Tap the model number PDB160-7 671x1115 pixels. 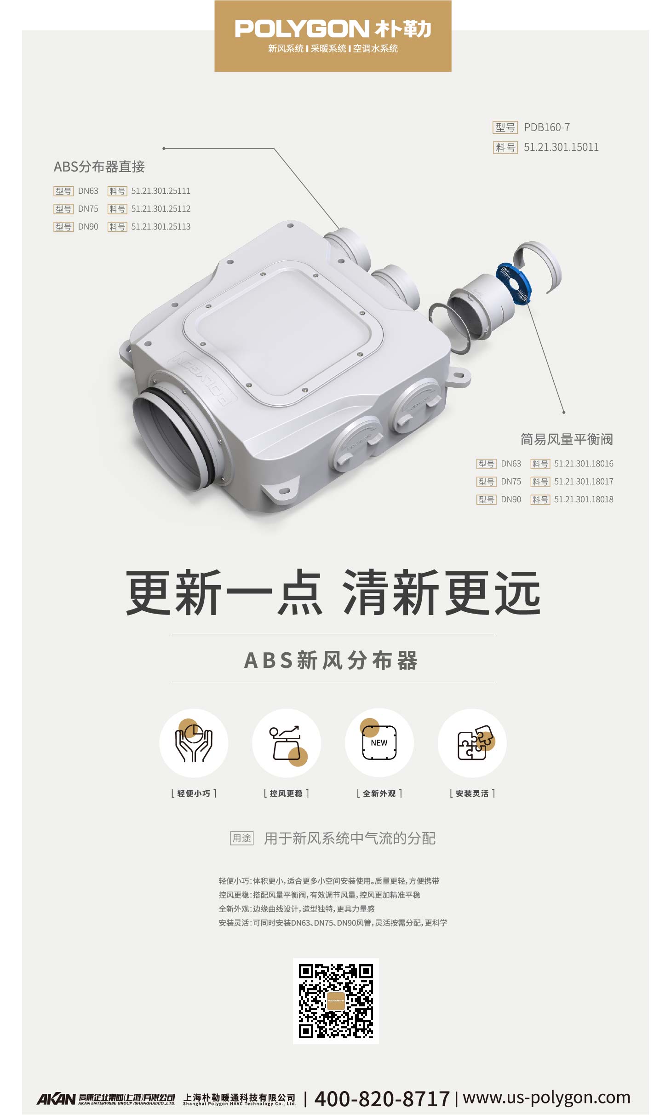click(x=546, y=127)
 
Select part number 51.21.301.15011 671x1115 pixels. click(x=561, y=147)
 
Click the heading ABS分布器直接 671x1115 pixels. click(x=99, y=167)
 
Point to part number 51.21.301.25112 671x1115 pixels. click(x=161, y=209)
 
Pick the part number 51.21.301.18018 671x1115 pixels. click(x=584, y=500)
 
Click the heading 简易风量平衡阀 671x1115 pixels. click(x=567, y=440)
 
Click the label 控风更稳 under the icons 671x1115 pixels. click(x=286, y=793)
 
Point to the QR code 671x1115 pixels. click(x=336, y=1001)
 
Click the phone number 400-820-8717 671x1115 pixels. click(x=382, y=1099)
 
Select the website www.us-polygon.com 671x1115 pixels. click(x=546, y=1098)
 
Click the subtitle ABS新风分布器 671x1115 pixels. click(x=331, y=661)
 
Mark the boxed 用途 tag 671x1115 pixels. click(x=242, y=839)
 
